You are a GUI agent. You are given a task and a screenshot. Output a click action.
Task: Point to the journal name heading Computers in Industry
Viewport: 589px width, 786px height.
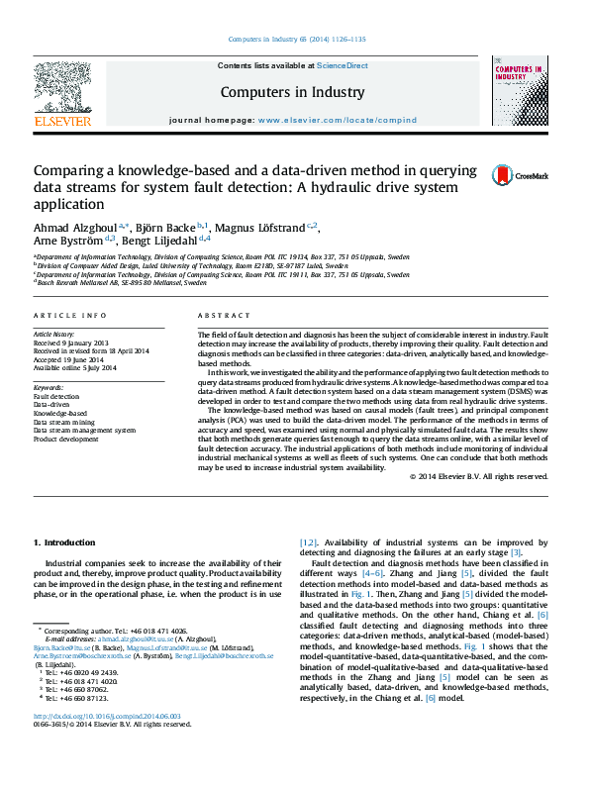click(x=294, y=91)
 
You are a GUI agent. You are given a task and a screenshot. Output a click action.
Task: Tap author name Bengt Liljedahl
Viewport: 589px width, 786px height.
click(x=159, y=239)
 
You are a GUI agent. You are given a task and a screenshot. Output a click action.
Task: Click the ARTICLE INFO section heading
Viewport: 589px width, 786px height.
click(x=69, y=315)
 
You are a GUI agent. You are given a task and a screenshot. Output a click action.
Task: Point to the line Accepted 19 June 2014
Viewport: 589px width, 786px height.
click(x=73, y=359)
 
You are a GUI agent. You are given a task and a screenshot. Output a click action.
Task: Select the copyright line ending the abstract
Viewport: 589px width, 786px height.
click(x=478, y=475)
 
